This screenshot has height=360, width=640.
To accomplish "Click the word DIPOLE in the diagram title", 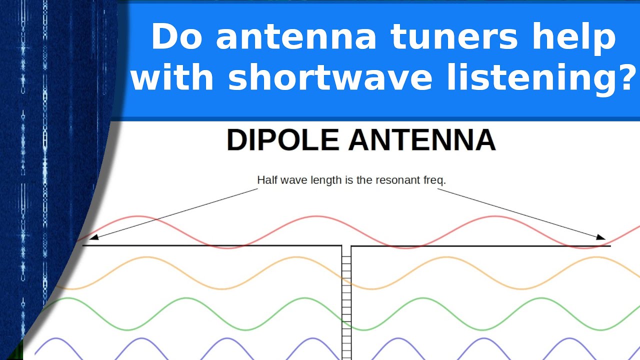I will (x=283, y=140).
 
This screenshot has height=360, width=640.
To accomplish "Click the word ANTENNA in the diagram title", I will (x=422, y=140).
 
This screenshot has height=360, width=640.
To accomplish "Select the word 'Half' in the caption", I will (x=265, y=180).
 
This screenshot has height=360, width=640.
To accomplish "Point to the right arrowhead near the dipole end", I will (x=602, y=237).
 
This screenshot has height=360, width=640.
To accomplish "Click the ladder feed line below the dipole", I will (x=346, y=300).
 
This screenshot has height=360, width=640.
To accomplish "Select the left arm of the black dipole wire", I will (x=210, y=245).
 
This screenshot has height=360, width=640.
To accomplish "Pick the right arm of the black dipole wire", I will (x=480, y=246).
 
